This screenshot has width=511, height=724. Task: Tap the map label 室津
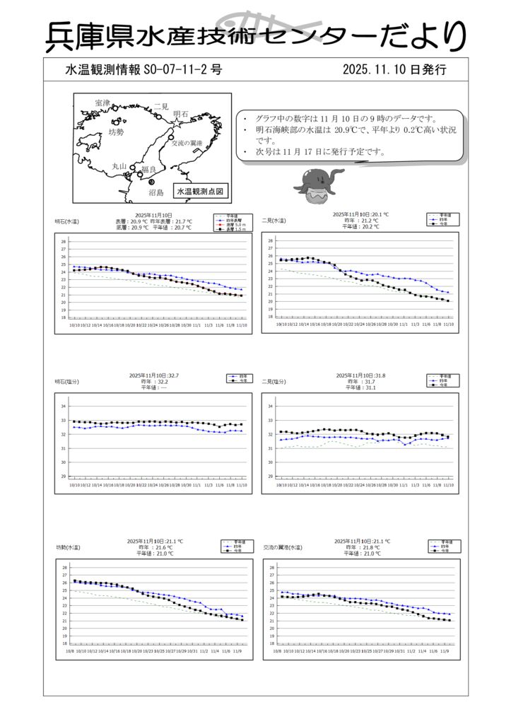click(102, 103)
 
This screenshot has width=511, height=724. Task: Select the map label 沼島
click(155, 192)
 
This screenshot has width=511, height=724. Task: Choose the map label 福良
click(148, 169)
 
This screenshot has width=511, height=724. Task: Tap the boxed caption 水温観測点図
click(199, 191)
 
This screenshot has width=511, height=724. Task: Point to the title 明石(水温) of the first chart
click(67, 221)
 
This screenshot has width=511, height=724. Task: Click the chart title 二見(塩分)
click(274, 382)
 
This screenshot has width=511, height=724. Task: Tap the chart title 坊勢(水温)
click(68, 547)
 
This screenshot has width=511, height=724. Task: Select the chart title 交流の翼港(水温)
click(282, 547)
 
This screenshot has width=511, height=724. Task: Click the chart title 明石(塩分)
click(67, 382)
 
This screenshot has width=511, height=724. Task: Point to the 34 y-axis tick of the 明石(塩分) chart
click(63, 407)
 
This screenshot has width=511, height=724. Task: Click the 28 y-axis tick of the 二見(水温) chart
click(270, 241)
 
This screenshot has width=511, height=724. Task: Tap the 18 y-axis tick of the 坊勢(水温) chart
click(64, 643)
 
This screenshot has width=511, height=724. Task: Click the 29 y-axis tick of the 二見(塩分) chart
click(270, 476)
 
